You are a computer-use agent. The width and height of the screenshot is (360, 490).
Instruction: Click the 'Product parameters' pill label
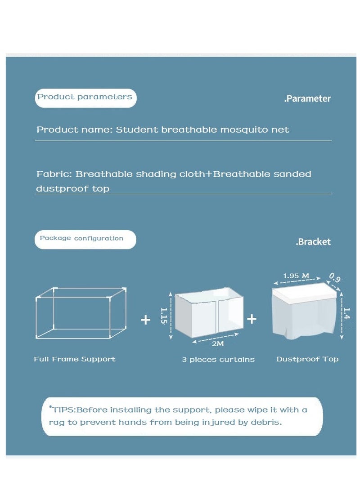coord(85,97)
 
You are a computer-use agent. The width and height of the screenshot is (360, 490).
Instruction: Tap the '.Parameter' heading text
coord(307,99)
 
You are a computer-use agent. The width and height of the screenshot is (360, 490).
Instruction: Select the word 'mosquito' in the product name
coord(243,130)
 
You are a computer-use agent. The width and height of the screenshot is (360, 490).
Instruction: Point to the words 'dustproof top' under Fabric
coord(72,189)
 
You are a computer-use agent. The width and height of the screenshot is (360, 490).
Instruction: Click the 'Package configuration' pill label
coord(81,238)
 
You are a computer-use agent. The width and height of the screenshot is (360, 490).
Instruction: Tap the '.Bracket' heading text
coord(313,242)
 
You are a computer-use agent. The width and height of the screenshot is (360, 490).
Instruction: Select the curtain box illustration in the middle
coord(209,315)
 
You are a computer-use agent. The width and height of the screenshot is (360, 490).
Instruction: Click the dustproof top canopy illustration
coord(305,310)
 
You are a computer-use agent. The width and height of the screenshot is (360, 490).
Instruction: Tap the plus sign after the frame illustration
coord(145,320)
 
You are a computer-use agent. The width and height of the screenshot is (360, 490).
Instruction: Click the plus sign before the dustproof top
coord(252,319)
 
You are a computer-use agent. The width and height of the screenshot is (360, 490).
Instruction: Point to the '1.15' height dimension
coord(164,316)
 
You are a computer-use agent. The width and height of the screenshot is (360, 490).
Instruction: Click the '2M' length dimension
coord(217,344)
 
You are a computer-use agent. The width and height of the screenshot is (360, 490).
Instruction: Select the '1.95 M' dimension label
coord(296,276)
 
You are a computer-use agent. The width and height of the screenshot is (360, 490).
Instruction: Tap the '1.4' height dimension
coord(346,313)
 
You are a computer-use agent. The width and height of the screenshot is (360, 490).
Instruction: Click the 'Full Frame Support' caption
coord(75,359)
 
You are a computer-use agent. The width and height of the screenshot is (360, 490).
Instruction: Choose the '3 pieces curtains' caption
coord(218,360)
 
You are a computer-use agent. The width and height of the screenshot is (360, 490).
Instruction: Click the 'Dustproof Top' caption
coord(307,359)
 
